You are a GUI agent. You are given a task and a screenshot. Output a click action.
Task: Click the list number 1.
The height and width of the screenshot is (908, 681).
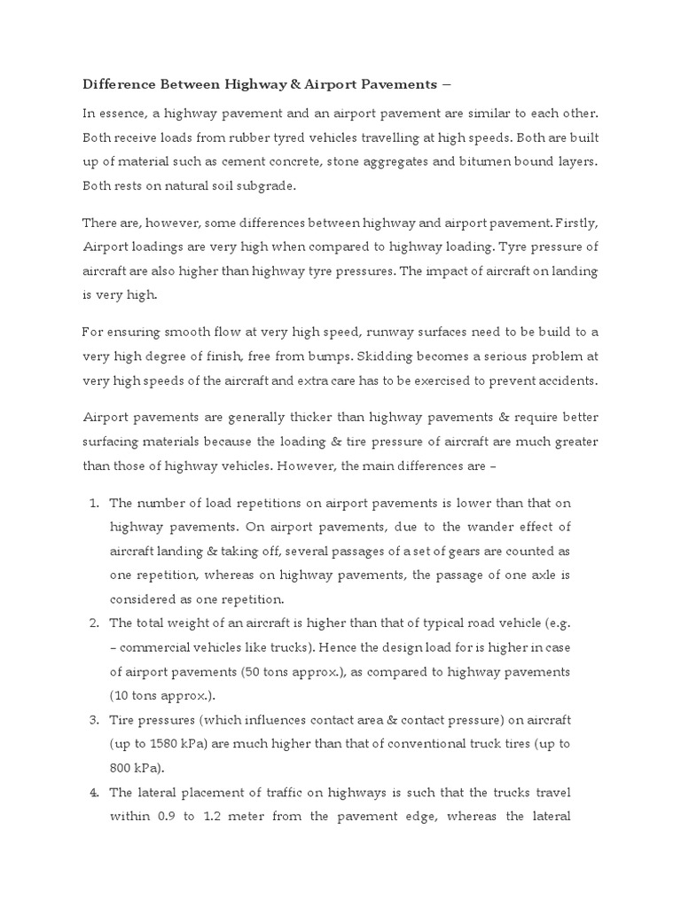coord(93,503)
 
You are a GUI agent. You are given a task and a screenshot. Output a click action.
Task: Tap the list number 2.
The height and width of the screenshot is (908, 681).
coord(93,623)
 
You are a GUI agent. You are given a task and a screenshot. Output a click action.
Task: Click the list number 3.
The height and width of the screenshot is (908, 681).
coord(93,719)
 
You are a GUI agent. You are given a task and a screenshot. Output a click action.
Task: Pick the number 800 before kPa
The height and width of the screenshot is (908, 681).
coord(122,767)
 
